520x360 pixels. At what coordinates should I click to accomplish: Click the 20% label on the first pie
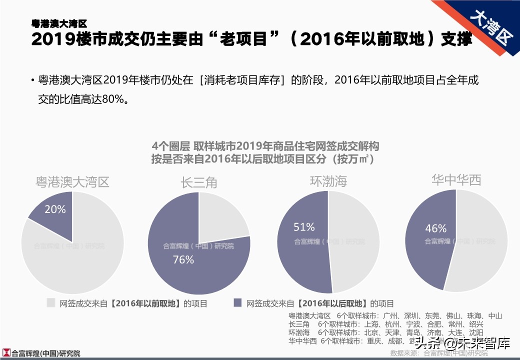55,209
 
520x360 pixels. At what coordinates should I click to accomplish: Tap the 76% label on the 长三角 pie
183,259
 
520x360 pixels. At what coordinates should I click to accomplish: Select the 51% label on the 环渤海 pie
304,227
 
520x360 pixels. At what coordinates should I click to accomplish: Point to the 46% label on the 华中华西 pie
435,228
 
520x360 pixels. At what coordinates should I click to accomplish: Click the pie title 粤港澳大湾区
72,182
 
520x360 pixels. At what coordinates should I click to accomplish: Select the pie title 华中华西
456,180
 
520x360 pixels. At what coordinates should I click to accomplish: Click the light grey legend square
50,302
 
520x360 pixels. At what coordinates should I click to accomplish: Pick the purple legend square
238,302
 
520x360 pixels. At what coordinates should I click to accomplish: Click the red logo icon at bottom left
6,352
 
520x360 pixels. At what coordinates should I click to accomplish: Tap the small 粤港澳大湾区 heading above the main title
59,23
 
